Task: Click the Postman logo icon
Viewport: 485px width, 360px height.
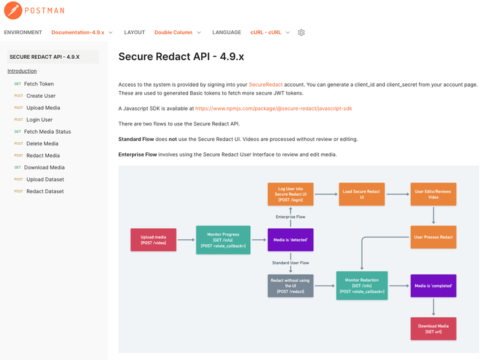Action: click(x=13, y=10)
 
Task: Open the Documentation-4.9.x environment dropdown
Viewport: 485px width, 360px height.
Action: click(x=82, y=32)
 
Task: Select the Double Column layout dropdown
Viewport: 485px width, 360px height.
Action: click(x=177, y=32)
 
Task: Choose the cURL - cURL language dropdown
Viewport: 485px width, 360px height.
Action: click(x=270, y=32)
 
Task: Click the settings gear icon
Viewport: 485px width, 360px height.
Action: click(x=301, y=32)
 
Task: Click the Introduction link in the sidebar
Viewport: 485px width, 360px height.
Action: click(x=22, y=71)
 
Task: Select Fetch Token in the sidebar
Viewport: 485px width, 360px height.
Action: click(x=39, y=84)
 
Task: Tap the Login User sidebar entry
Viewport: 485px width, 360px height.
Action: click(x=39, y=120)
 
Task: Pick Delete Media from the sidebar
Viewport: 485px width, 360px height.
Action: click(x=42, y=143)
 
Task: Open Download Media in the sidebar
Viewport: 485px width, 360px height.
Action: click(x=44, y=167)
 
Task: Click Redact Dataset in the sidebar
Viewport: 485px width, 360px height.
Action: click(x=45, y=191)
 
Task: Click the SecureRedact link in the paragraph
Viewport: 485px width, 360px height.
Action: click(x=266, y=85)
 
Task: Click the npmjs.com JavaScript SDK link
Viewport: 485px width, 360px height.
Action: click(x=274, y=109)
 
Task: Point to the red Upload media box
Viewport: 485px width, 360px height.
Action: click(x=153, y=240)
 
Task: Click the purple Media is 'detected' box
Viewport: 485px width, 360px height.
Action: click(x=290, y=240)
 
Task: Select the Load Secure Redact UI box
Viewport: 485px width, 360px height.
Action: click(x=361, y=194)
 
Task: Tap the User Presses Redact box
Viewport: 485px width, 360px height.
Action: click(x=433, y=237)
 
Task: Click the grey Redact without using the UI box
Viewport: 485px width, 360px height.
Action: click(x=290, y=286)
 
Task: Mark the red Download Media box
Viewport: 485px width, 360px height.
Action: click(x=433, y=328)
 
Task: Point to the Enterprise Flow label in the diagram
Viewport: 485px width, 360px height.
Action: click(x=290, y=217)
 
